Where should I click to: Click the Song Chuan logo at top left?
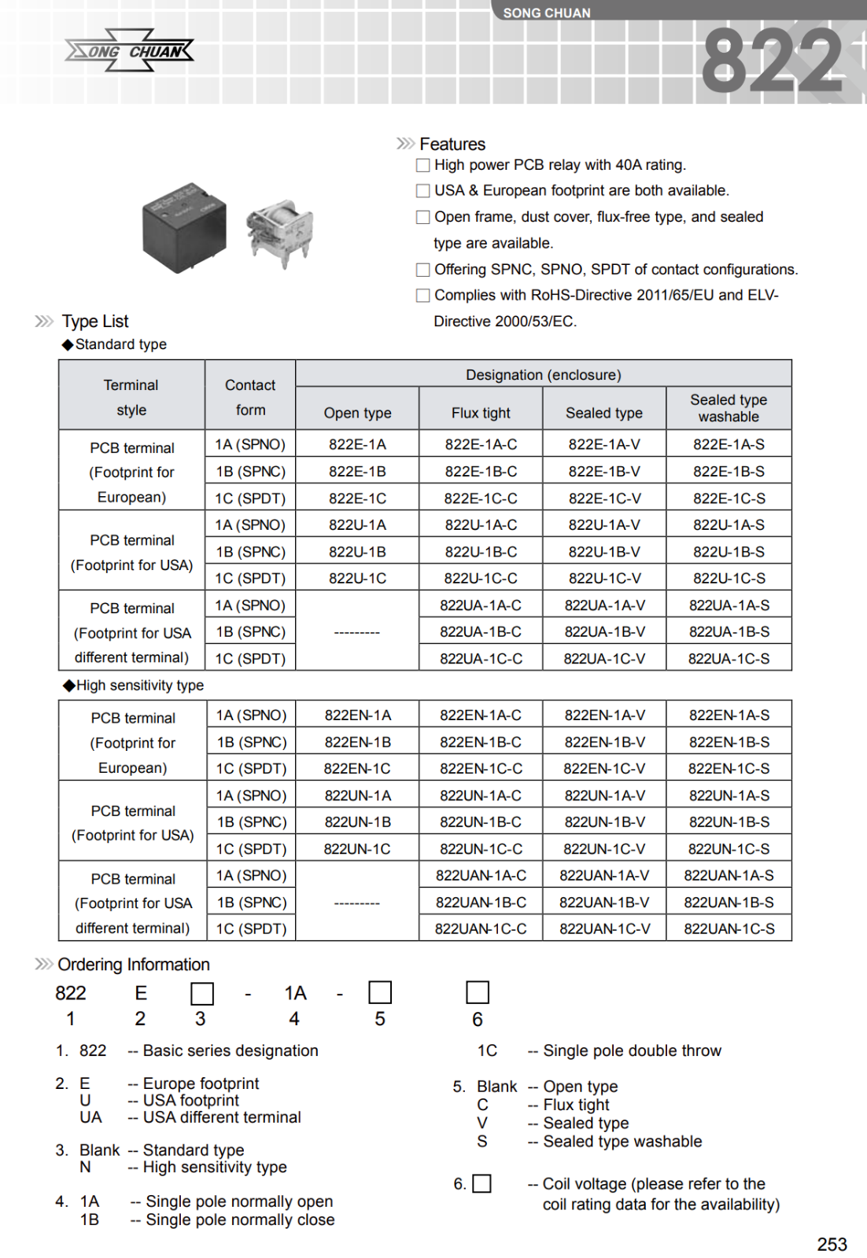(130, 51)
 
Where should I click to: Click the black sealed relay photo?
(184, 227)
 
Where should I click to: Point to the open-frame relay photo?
(281, 232)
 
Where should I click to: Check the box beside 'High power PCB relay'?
(423, 165)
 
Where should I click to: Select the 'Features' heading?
(452, 144)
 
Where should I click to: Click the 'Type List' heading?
(95, 322)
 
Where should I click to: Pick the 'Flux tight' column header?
(481, 413)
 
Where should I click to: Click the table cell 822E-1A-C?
(481, 444)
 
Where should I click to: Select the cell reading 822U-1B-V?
(604, 552)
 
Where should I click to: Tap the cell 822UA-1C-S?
(729, 659)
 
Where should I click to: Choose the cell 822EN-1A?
(358, 715)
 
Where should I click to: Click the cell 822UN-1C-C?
(481, 849)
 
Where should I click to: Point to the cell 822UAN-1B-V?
(604, 903)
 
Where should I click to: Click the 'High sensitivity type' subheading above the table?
(139, 686)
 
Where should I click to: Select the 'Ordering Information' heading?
(134, 965)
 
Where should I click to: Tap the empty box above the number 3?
(202, 993)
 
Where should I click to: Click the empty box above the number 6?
(478, 992)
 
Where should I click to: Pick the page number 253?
(832, 1245)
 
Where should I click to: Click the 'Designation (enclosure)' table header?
(544, 375)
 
